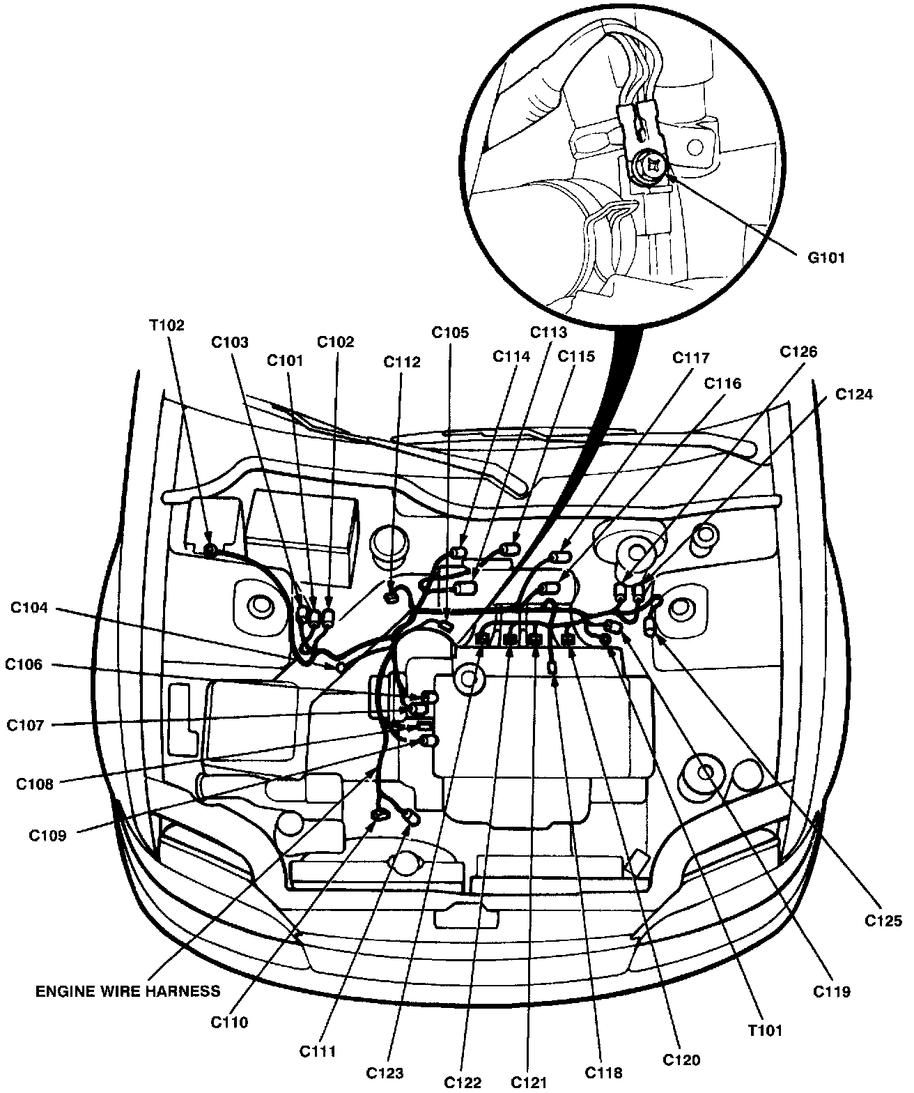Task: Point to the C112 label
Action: (x=402, y=362)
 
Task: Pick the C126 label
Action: (x=798, y=352)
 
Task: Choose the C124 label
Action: (x=854, y=395)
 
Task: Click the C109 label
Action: (x=47, y=836)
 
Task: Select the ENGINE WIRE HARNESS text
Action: (x=127, y=991)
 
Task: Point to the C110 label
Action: (x=229, y=1023)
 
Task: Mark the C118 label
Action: (x=603, y=1073)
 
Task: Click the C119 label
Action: (x=832, y=991)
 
